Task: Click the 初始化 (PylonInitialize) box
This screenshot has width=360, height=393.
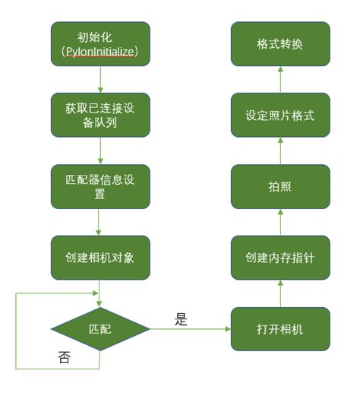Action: point(100,43)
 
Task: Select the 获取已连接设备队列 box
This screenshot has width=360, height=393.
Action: point(100,115)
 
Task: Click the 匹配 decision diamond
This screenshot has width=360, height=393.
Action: point(100,329)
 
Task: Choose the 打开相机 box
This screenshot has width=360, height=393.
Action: point(280,329)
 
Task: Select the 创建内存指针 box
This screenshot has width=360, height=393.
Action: point(280,258)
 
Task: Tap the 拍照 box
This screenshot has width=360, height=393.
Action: point(280,186)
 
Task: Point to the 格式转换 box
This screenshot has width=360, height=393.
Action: point(280,43)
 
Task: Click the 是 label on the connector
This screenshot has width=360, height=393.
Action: point(181,319)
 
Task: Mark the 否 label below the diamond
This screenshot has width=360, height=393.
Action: point(65,357)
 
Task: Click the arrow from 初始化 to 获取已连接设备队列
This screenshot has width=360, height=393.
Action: point(100,79)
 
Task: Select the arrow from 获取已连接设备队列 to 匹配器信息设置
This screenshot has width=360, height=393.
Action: point(100,151)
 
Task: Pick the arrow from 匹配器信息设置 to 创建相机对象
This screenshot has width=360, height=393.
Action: point(100,222)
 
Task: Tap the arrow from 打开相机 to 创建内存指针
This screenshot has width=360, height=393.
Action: point(280,293)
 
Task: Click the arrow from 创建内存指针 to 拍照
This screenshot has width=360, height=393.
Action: point(280,222)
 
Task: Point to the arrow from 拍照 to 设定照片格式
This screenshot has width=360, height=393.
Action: point(280,151)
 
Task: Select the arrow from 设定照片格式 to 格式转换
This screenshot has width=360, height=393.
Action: point(280,79)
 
